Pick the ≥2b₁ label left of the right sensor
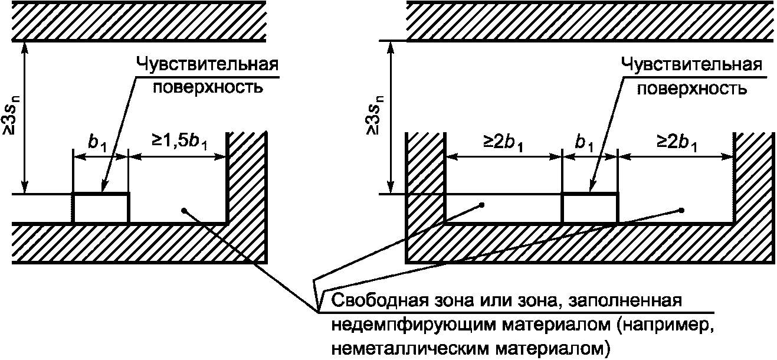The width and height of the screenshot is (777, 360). click(503, 143)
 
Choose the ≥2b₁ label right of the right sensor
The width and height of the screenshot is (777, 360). click(677, 143)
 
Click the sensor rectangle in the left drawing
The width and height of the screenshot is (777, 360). click(100, 208)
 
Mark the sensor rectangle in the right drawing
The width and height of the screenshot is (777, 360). click(589, 208)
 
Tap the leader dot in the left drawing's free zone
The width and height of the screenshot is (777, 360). click(185, 210)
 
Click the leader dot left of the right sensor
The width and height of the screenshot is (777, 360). click(482, 205)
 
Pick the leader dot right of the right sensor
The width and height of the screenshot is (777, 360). click(681, 210)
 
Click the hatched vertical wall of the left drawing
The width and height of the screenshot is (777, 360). click(248, 177)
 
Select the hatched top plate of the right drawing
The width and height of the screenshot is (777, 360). click(590, 20)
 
